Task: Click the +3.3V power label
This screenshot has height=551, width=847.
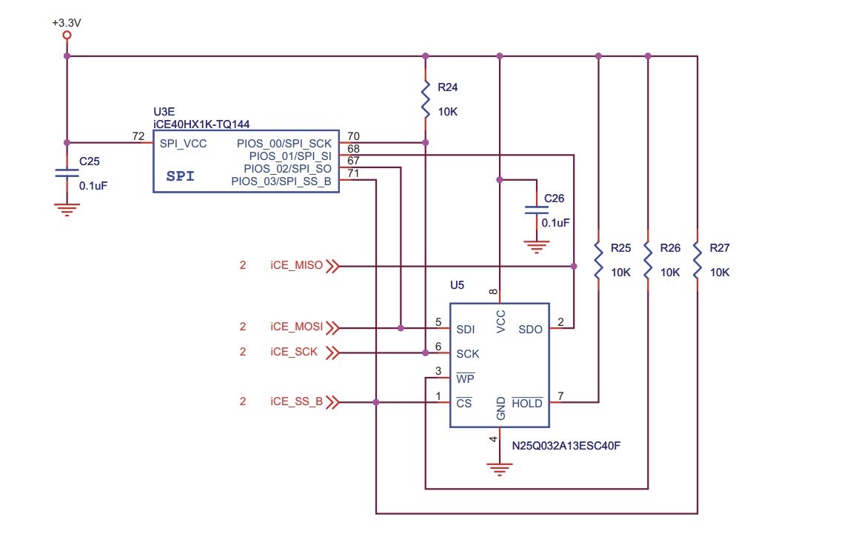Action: [x=67, y=23]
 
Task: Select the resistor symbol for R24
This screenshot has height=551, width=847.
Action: [x=425, y=100]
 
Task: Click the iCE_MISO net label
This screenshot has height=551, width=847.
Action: [x=297, y=265]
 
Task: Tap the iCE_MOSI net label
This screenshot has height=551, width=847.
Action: [x=297, y=327]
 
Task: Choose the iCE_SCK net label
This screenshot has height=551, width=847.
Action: [x=294, y=353]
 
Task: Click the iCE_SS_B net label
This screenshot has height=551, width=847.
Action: [x=297, y=402]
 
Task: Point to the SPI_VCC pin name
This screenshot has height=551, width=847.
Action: [x=183, y=144]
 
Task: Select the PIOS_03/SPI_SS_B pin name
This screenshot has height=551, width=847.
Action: [x=281, y=181]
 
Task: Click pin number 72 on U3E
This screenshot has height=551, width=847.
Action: [x=138, y=136]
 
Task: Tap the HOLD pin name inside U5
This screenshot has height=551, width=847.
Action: [x=527, y=404]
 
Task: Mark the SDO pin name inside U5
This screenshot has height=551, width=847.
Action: [x=530, y=330]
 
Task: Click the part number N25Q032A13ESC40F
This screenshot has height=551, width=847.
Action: [x=565, y=446]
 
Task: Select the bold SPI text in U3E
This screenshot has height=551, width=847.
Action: [x=181, y=176]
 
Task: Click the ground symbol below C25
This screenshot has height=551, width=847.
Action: [x=67, y=209]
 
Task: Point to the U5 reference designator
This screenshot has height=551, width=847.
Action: [x=457, y=285]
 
